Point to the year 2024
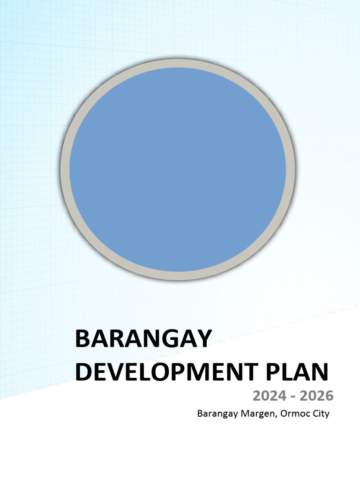coord(269,396)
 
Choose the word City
coord(318,414)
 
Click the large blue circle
coord(178,169)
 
